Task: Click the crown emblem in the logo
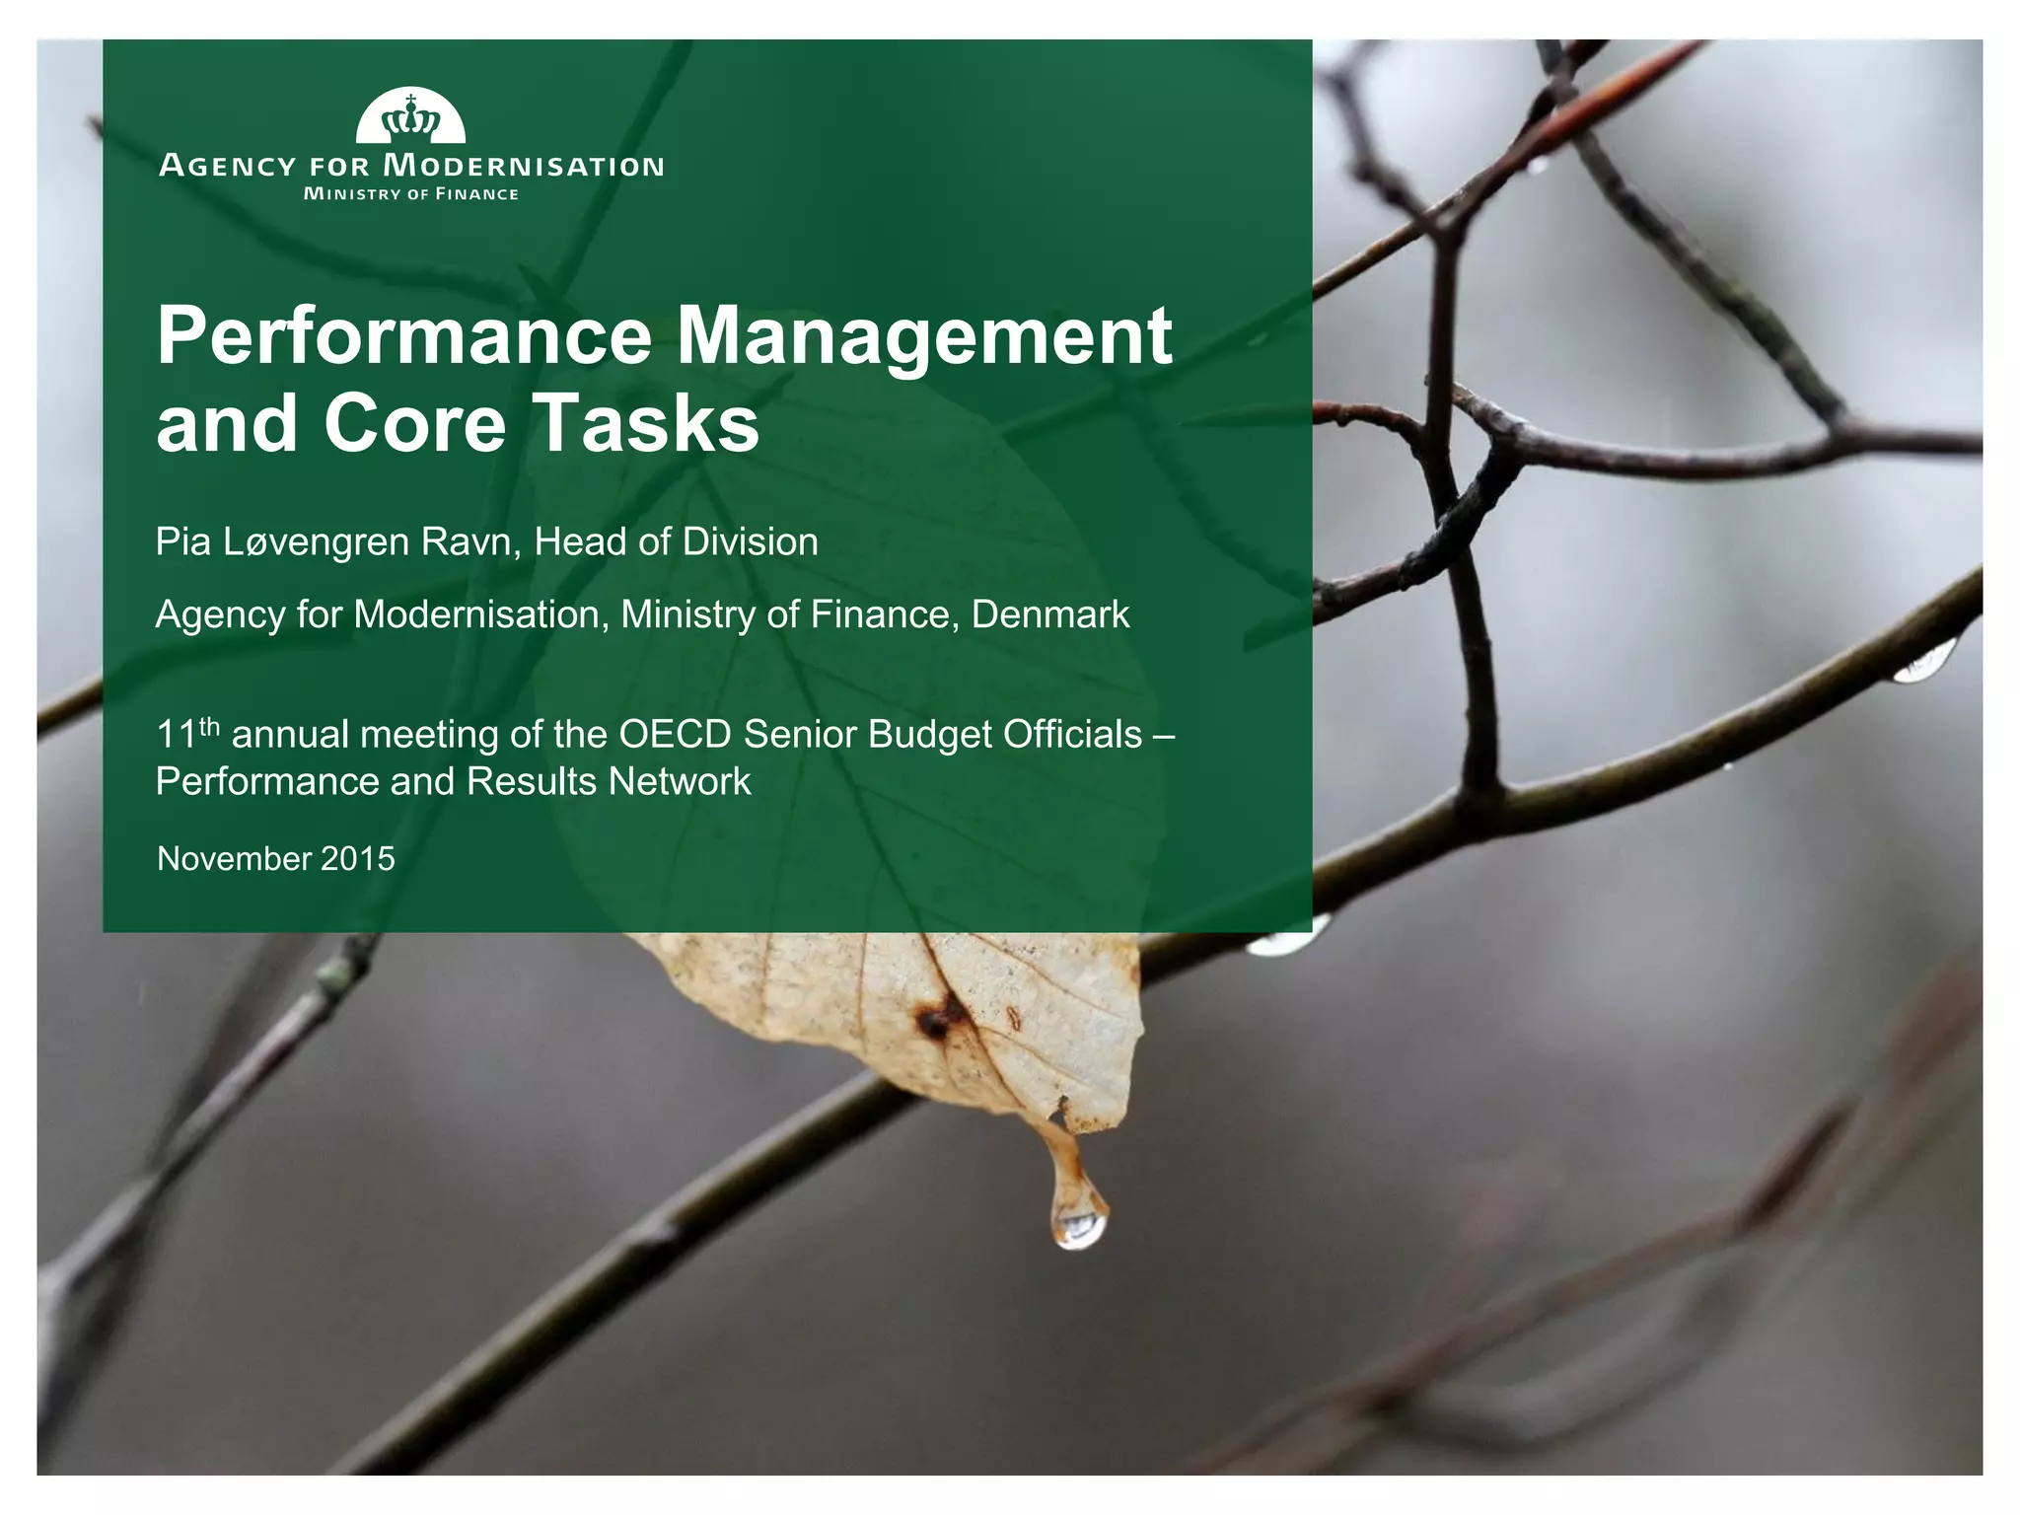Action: click(x=410, y=119)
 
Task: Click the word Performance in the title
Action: click(x=404, y=336)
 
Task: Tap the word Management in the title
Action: click(x=924, y=336)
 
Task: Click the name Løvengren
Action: click(x=319, y=542)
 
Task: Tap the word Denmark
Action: click(x=1050, y=614)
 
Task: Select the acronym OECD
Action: click(x=675, y=735)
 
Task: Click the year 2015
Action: click(x=357, y=859)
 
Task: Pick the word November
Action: click(x=232, y=859)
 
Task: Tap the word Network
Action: click(x=680, y=782)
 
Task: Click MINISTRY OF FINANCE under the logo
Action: click(x=410, y=194)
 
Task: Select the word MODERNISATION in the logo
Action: click(x=523, y=166)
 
